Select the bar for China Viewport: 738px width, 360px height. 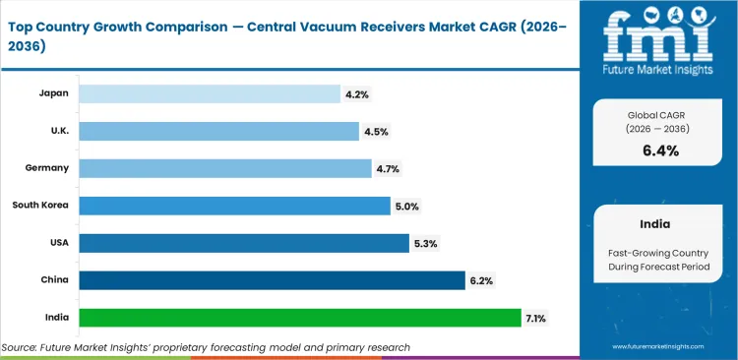pos(272,280)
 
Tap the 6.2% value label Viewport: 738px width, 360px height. pos(481,280)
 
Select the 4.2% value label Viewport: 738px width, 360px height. pos(357,93)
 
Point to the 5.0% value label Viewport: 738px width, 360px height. pos(406,206)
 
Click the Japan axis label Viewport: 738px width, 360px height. pos(53,93)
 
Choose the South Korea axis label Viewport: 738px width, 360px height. pos(40,206)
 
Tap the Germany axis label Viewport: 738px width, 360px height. pos(47,168)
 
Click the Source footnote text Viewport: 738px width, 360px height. pos(206,347)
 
